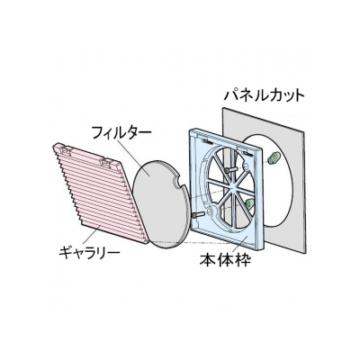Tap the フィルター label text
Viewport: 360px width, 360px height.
121,133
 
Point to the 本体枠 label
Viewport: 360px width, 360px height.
225,260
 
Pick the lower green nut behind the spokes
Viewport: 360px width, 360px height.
249,204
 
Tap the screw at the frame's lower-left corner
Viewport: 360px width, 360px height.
199,215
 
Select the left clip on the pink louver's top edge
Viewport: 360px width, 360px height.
66,149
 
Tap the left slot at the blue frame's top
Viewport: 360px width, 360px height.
207,141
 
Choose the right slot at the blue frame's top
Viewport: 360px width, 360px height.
247,153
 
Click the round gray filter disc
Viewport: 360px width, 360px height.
161,204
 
